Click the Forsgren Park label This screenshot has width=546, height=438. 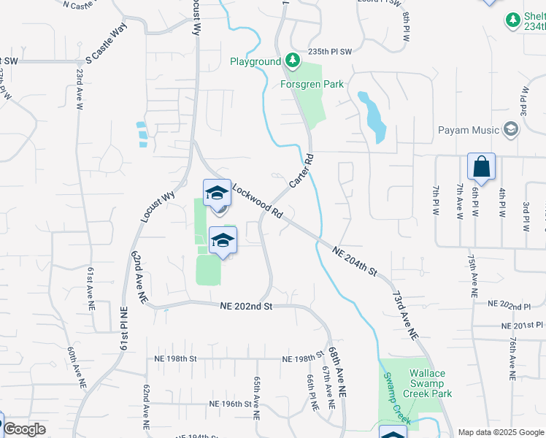tap(312, 84)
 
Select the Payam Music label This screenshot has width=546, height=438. tap(469, 130)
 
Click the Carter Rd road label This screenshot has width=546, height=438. tap(301, 170)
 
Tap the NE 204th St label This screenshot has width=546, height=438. tap(354, 261)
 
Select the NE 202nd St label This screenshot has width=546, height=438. tap(246, 307)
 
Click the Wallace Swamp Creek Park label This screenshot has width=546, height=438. tap(428, 383)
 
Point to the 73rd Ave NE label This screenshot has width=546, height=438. tap(407, 315)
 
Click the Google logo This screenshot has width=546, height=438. tap(24, 429)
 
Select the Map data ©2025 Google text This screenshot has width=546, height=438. tap(501, 432)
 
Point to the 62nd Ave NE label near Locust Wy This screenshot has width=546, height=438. tap(139, 277)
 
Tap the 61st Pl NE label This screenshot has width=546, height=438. tap(122, 340)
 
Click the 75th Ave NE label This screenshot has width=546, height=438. tap(473, 274)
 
